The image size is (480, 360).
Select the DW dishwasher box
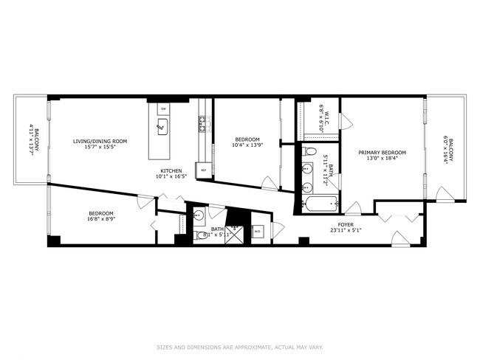(163, 108)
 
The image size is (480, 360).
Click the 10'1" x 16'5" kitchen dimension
(168, 176)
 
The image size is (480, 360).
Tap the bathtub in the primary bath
(320, 204)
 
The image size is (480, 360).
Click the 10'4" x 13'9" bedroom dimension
(247, 145)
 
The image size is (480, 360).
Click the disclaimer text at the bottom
(239, 347)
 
